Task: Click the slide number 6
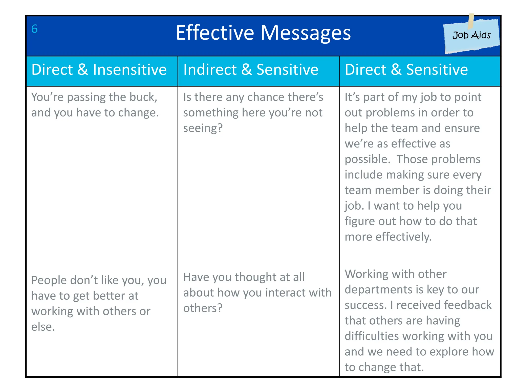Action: [34, 29]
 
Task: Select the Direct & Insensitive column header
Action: [99, 70]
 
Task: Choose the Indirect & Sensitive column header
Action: [251, 70]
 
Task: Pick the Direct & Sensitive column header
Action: [406, 70]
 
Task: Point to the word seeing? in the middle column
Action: [203, 128]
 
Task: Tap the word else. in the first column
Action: [43, 327]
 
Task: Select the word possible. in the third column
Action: [368, 159]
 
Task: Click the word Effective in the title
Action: [215, 33]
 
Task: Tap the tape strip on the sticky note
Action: [471, 21]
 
